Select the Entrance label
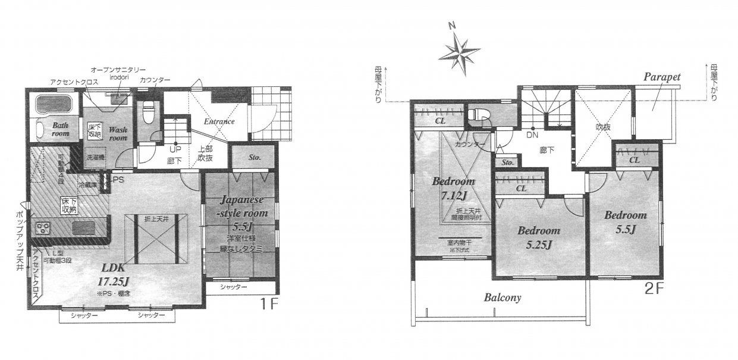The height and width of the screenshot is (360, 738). coord(219,121)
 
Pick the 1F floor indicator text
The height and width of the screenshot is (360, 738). coord(271,303)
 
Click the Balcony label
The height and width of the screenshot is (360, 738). coord(503,298)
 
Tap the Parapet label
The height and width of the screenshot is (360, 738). coord(661,77)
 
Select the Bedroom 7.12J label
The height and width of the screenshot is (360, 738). coord(453,187)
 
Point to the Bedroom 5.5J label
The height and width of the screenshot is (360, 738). coord(625,221)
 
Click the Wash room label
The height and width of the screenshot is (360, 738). coord(117,133)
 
